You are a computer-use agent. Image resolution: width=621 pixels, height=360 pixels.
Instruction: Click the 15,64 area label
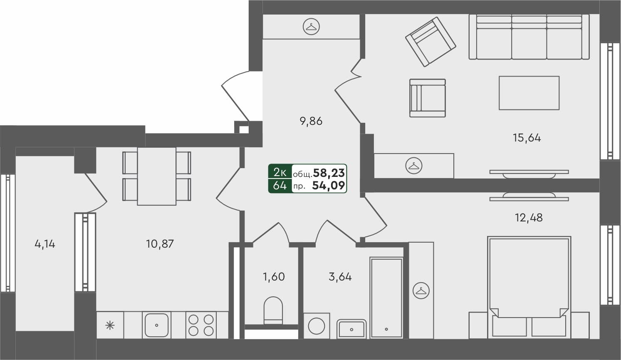[527, 138]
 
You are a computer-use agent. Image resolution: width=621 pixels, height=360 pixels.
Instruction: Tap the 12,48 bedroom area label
[529, 218]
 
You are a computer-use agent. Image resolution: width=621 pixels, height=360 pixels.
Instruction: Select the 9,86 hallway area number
[311, 121]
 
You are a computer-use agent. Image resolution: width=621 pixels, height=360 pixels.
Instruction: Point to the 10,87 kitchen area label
[160, 244]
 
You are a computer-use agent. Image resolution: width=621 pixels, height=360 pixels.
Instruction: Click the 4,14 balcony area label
[45, 244]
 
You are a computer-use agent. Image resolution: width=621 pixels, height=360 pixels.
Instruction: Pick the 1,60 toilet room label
[274, 277]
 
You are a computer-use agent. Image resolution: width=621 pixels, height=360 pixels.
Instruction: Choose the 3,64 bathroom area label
[340, 277]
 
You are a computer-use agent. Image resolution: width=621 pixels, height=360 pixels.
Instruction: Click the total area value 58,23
[329, 173]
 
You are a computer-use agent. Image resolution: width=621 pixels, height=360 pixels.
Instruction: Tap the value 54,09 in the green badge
[329, 186]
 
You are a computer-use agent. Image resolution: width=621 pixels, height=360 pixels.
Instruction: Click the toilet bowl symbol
[273, 310]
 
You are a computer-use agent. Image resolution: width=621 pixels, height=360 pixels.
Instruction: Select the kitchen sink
[156, 325]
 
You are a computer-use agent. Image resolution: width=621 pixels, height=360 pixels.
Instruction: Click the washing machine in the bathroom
[317, 326]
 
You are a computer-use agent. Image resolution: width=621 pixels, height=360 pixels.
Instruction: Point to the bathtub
[386, 297]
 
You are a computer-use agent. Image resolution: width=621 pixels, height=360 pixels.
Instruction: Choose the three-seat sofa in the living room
[529, 37]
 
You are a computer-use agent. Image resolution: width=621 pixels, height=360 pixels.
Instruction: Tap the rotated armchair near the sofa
[430, 42]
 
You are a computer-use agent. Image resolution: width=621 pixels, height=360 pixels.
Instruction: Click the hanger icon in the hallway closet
[311, 27]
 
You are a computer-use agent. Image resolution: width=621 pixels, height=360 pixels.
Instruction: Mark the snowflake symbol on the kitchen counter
[110, 325]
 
